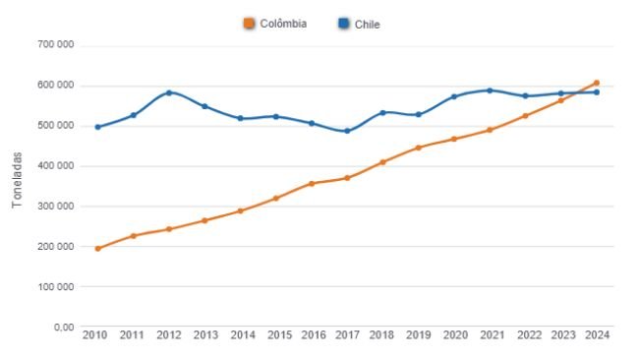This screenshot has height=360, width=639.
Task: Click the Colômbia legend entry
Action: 275,24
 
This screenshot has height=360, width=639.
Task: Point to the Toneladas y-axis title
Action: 17,185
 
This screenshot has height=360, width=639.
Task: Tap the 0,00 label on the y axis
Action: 64,327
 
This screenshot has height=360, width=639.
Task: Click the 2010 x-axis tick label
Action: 96,335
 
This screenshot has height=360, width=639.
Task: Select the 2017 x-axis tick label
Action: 346,335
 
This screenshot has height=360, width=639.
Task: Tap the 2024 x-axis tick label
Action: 596,335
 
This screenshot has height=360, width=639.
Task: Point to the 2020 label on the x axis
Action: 454,335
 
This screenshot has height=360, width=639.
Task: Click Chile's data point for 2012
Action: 169,92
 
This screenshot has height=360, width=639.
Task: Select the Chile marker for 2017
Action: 347,131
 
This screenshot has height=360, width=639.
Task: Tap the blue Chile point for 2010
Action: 97,127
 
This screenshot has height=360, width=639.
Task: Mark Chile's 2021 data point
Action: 490,90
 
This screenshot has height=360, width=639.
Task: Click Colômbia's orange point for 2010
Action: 97,248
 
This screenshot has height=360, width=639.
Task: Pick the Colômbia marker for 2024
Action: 597,83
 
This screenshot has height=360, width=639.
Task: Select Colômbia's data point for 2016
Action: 312,184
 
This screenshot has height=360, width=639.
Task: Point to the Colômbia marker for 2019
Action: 418,148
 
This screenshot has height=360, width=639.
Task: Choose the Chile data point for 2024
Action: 597,92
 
